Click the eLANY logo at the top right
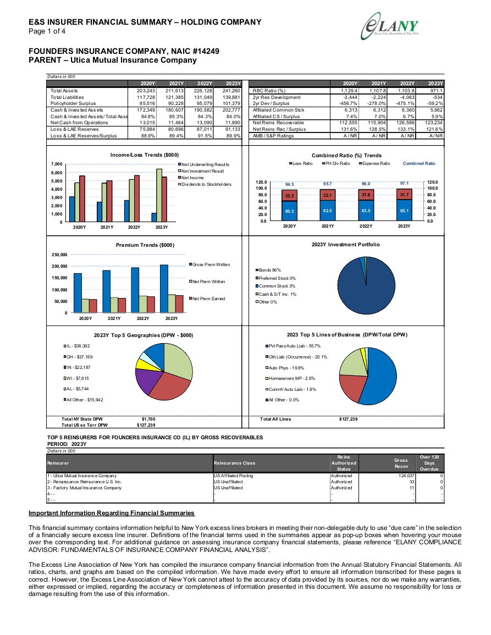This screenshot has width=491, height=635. point(390,26)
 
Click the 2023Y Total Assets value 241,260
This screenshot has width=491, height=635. point(231,91)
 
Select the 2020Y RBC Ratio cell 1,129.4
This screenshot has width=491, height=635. point(349,91)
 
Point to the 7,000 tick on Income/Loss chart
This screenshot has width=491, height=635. point(57,164)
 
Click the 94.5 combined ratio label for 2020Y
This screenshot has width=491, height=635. point(289,184)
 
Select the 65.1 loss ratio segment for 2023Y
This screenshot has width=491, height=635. point(404,210)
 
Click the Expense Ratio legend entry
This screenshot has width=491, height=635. point(374,164)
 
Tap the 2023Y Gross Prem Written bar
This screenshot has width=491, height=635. point(164,288)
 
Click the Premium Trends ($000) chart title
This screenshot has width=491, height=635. point(145,245)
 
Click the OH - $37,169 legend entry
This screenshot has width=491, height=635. point(78,357)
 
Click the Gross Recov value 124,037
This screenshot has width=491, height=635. point(406,476)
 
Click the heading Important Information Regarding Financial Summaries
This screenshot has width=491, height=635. point(112,513)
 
